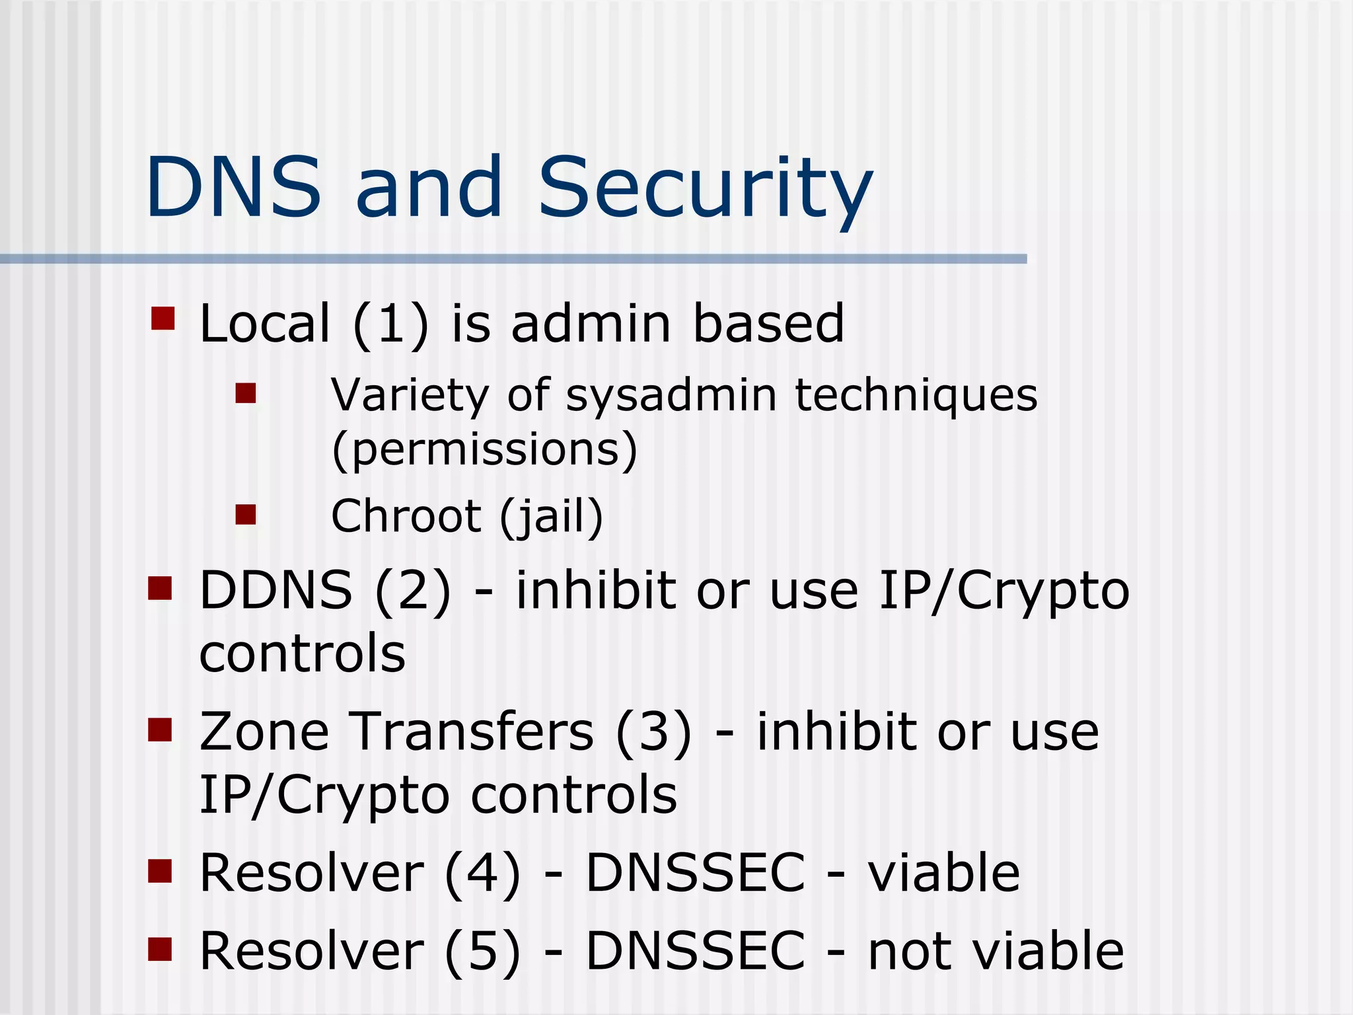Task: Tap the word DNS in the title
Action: click(233, 187)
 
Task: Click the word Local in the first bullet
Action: click(264, 324)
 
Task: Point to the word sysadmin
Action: click(671, 396)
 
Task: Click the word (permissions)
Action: click(484, 450)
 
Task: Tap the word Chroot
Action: click(406, 516)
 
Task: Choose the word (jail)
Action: click(551, 517)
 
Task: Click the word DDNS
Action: click(275, 590)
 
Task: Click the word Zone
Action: click(264, 732)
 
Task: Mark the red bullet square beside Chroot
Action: click(246, 515)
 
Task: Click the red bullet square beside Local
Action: click(163, 318)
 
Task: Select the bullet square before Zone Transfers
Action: click(160, 730)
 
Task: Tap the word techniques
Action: click(916, 396)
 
